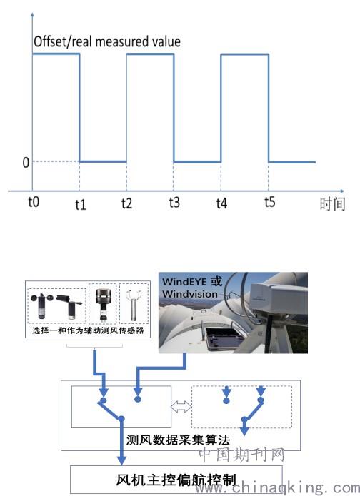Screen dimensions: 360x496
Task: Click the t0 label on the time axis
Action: point(34,201)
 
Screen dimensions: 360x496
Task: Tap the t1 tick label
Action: point(81,205)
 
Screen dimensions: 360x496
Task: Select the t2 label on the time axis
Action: point(126,203)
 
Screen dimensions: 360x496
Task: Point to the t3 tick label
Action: point(174,202)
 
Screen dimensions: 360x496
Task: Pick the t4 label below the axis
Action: point(221,203)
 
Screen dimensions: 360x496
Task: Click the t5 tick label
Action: point(270,201)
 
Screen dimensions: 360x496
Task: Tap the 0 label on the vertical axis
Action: point(26,163)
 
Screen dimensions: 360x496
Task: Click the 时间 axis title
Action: point(332,204)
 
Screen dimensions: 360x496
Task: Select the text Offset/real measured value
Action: point(107,42)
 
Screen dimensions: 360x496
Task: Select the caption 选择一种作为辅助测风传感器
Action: point(88,330)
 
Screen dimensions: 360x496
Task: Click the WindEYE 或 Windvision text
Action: point(192,288)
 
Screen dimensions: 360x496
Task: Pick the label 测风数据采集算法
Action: point(179,440)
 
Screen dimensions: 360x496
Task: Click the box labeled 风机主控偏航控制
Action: point(176,480)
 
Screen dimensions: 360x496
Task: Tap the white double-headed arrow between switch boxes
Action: point(181,407)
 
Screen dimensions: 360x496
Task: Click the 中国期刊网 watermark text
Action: point(241,455)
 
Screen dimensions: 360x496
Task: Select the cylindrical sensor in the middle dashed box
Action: point(103,305)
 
